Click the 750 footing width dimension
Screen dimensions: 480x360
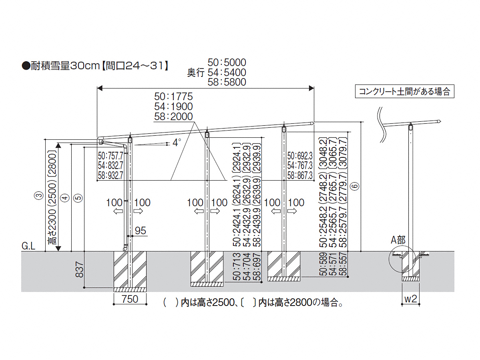(130, 299)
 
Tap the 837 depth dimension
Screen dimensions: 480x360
(79, 269)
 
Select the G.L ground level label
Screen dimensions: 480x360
(28, 246)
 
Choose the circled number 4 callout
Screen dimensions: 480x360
(65, 198)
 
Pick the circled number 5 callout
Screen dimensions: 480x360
(78, 198)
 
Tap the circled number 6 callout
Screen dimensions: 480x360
(355, 186)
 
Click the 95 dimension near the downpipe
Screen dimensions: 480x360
(141, 231)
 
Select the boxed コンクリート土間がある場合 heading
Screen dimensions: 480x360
(404, 91)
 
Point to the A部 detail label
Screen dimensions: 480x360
(398, 240)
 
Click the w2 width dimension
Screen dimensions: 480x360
(410, 298)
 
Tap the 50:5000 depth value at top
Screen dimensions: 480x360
(227, 62)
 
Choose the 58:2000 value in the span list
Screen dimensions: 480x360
(174, 116)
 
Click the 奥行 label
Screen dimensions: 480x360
(196, 72)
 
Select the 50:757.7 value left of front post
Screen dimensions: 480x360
(110, 155)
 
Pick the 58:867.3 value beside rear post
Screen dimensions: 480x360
(300, 175)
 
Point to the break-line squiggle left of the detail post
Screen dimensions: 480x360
(382, 125)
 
